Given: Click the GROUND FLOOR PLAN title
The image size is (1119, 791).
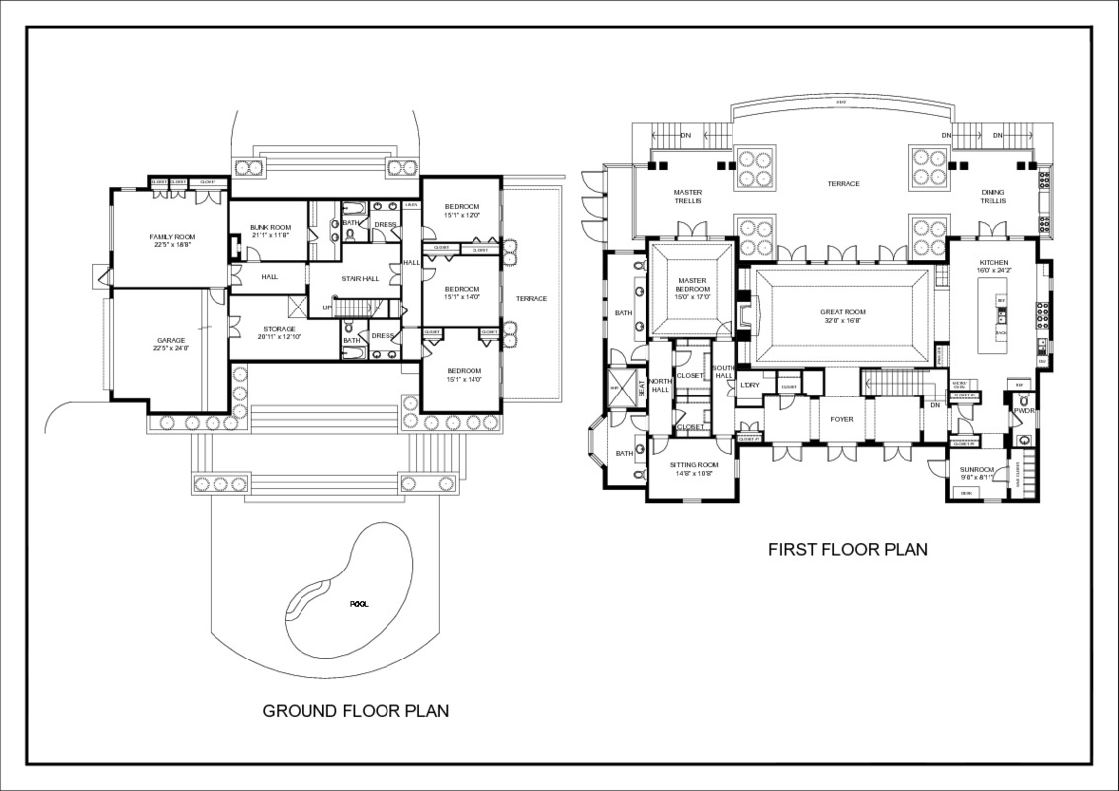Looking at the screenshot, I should click(355, 710).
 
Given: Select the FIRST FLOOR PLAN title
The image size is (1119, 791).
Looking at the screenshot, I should click(848, 549).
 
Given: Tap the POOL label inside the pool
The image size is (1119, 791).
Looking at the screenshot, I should click(357, 603).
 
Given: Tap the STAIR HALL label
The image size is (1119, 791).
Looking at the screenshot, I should click(361, 279).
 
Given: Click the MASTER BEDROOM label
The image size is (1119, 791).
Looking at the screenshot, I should click(692, 285).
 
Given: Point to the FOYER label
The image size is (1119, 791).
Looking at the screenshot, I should click(841, 419).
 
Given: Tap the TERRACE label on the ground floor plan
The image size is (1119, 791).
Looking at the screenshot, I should click(531, 298).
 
